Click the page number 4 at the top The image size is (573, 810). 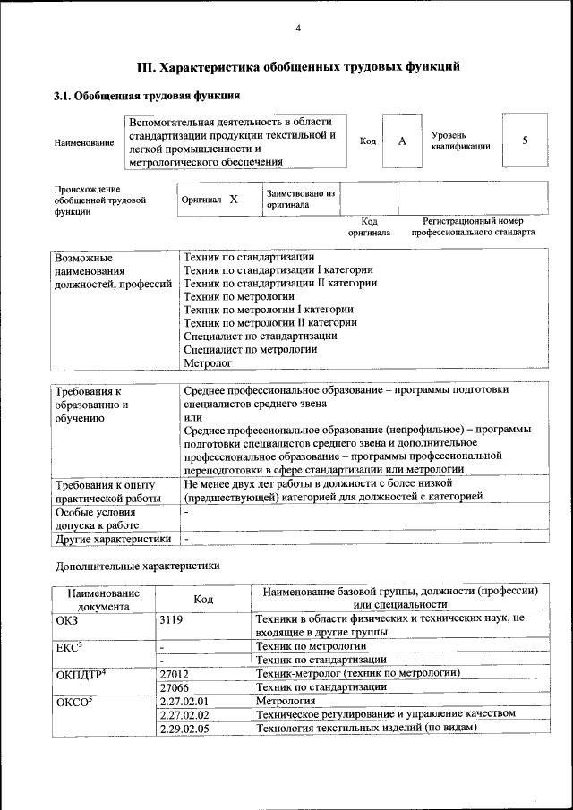(297, 29)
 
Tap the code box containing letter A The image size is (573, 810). (402, 141)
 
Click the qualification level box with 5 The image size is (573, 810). (525, 141)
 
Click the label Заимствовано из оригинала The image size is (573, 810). (300, 199)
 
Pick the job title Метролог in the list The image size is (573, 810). (207, 363)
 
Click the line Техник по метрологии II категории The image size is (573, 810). (270, 322)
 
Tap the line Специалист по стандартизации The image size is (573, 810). (260, 336)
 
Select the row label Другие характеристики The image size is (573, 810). (113, 539)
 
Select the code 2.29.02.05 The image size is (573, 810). (184, 728)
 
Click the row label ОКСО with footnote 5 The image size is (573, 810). (74, 701)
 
